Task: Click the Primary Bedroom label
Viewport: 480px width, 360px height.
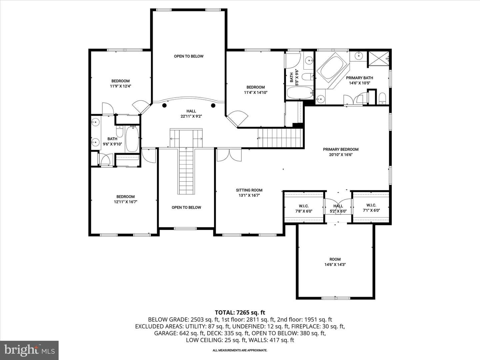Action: pyautogui.click(x=341, y=149)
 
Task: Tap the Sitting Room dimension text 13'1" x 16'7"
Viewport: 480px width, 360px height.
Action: pyautogui.click(x=249, y=195)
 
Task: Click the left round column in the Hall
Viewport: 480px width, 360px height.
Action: pyautogui.click(x=164, y=106)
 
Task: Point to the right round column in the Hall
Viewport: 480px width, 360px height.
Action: pyautogui.click(x=213, y=106)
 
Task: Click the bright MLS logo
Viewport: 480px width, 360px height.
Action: pyautogui.click(x=29, y=350)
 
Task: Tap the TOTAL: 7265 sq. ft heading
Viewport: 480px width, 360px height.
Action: pyautogui.click(x=240, y=313)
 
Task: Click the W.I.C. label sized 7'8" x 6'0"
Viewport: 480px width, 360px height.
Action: pyautogui.click(x=304, y=209)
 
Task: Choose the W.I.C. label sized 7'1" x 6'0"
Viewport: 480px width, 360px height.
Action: pyautogui.click(x=371, y=208)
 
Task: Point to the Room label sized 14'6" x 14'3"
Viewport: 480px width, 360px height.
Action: pyautogui.click(x=335, y=262)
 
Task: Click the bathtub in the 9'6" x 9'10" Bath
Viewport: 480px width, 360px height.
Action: pyautogui.click(x=132, y=139)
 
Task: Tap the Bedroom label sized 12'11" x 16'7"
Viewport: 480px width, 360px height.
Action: pyautogui.click(x=126, y=199)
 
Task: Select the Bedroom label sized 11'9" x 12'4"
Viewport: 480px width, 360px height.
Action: pyautogui.click(x=120, y=83)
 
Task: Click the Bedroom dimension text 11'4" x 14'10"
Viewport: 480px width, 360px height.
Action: pyautogui.click(x=256, y=92)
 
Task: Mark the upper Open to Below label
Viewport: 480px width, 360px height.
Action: pyautogui.click(x=189, y=56)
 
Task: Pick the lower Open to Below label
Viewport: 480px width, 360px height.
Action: pyautogui.click(x=186, y=207)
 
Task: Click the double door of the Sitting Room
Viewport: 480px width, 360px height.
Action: pyautogui.click(x=229, y=155)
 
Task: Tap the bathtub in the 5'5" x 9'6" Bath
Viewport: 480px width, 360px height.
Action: pyautogui.click(x=300, y=93)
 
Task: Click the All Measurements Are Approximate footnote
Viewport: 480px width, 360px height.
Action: pyautogui.click(x=240, y=350)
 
